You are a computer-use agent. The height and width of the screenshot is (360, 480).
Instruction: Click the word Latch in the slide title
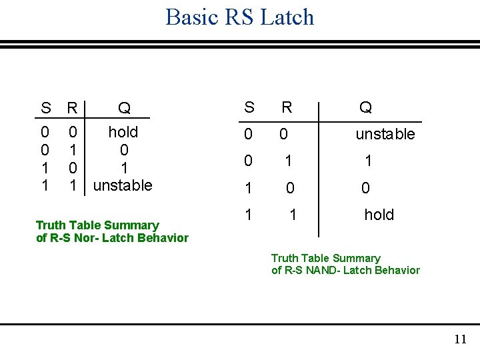287,17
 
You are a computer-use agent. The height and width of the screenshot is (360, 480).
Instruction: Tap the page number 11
460,340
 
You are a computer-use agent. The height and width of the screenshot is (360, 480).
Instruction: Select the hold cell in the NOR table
123,132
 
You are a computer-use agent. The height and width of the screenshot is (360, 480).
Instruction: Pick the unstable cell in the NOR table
123,185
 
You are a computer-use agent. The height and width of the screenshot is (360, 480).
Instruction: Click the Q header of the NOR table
124,108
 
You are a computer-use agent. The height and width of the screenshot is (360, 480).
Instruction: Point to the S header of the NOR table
45,108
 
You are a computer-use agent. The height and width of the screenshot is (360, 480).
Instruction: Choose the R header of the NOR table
73,108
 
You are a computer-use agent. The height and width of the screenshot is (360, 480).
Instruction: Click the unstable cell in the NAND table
385,134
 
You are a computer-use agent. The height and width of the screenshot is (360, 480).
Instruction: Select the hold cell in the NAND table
379,215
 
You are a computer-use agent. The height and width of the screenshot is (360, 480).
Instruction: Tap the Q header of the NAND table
365,107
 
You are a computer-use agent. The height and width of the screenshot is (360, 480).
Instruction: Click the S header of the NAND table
249,107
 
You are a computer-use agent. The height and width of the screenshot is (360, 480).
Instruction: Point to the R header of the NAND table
287,107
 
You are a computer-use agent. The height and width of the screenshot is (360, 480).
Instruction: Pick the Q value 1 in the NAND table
367,161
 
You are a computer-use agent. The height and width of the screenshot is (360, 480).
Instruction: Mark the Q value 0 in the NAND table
365,189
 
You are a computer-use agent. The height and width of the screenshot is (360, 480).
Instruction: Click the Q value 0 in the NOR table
124,149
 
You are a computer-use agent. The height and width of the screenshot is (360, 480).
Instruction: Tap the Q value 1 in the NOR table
124,167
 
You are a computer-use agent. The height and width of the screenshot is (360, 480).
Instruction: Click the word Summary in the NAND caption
356,258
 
